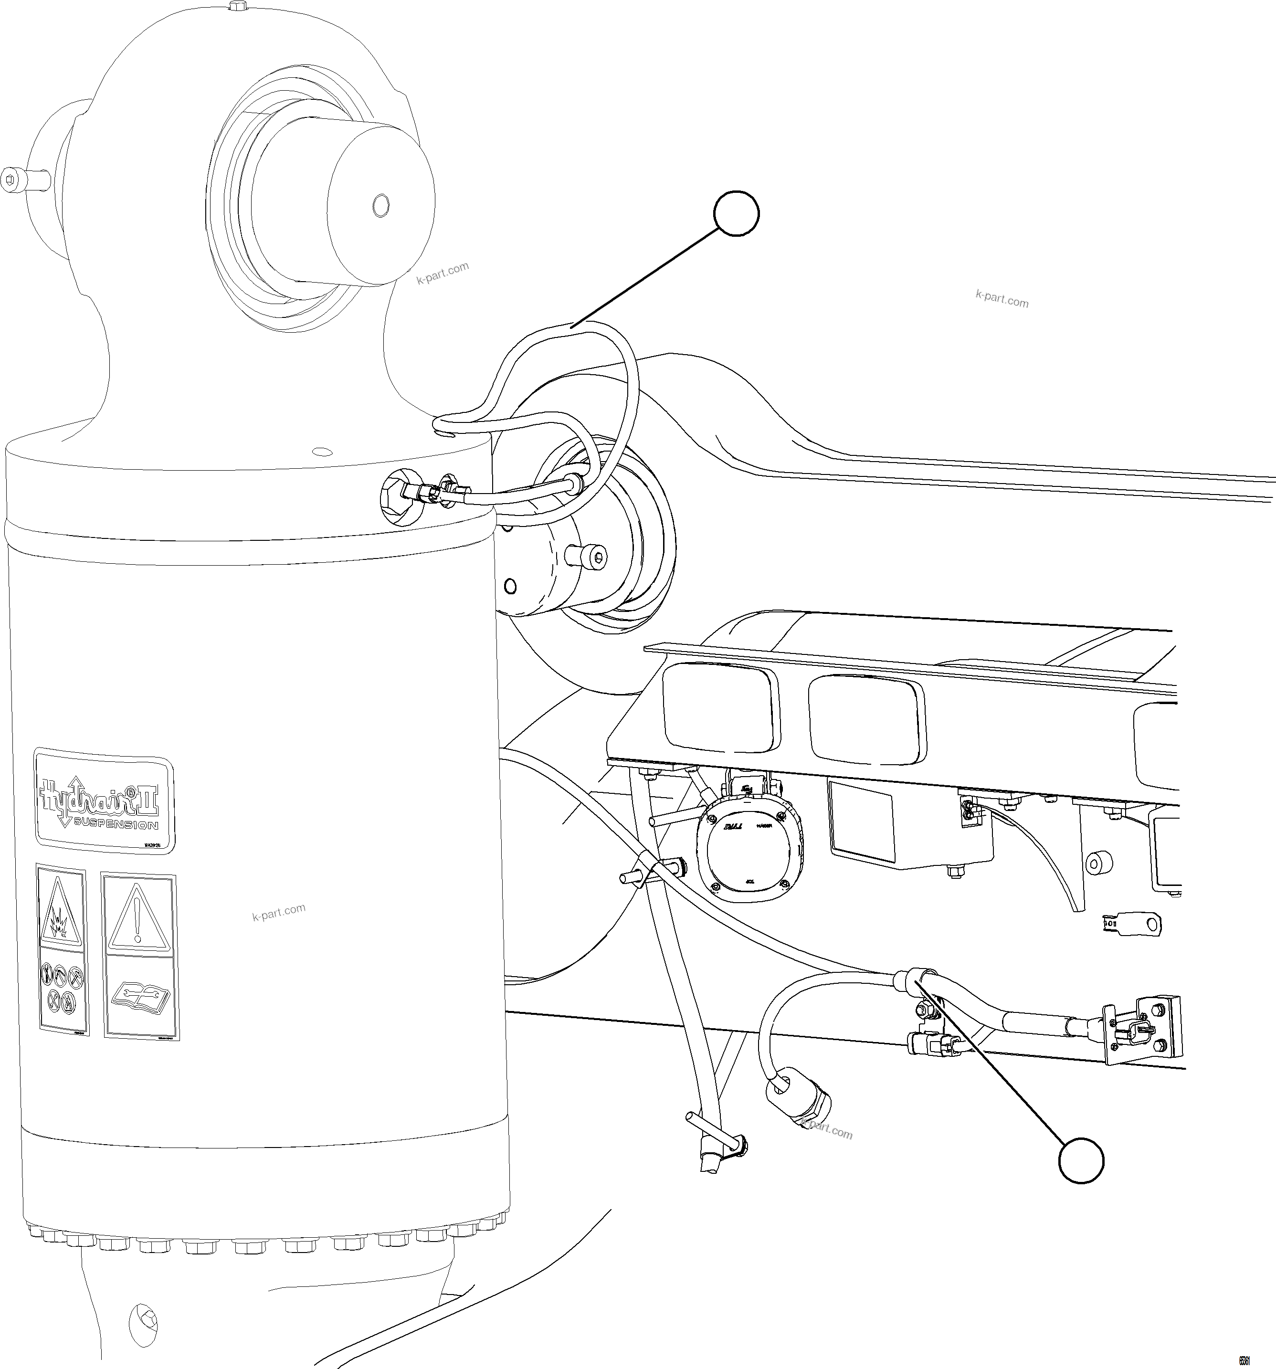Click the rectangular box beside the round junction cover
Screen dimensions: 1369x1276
click(x=909, y=823)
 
